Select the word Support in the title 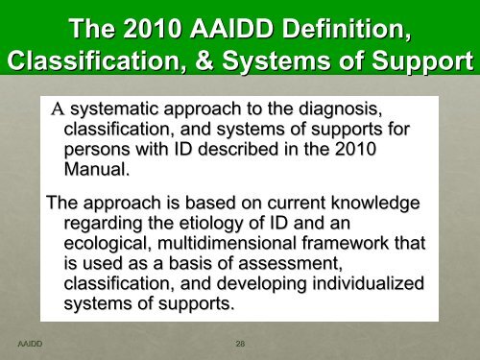pyautogui.click(x=420, y=62)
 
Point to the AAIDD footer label pyautogui.click(x=30, y=341)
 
